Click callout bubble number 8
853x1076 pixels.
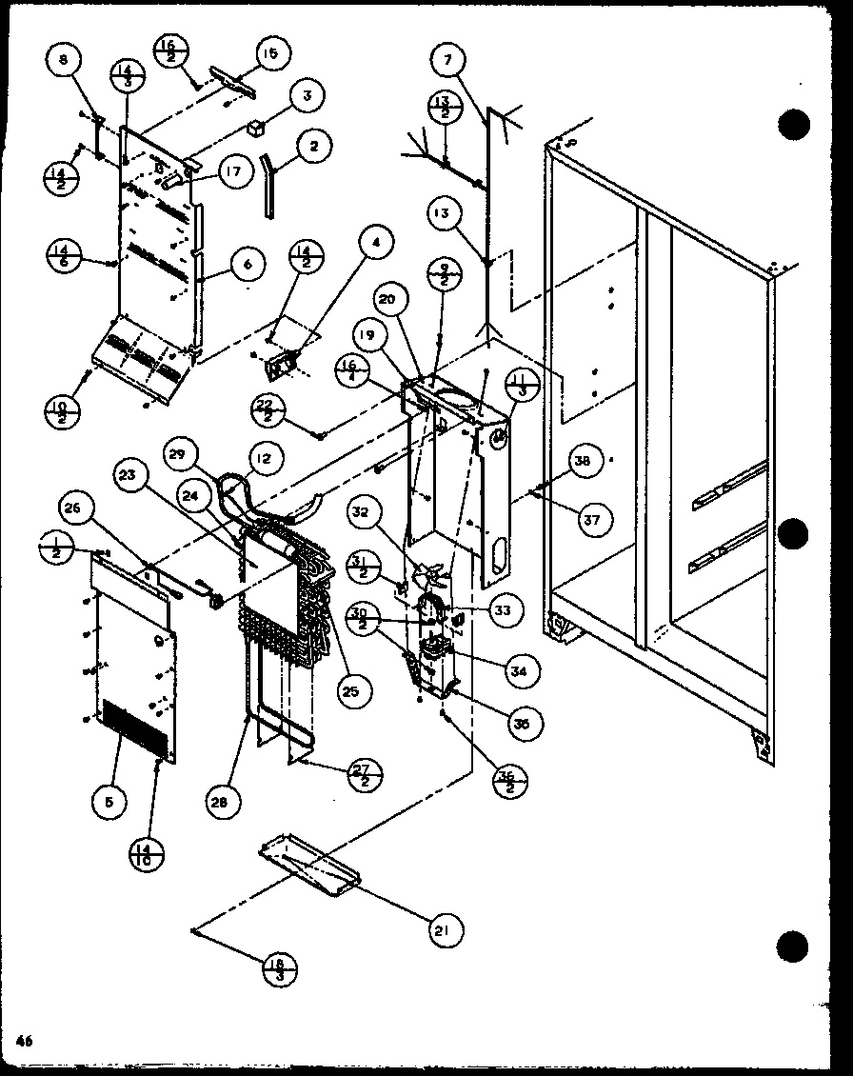(x=63, y=62)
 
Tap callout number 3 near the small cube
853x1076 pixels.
(x=307, y=95)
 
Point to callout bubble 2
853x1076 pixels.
(x=314, y=147)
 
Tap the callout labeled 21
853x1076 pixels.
(x=444, y=928)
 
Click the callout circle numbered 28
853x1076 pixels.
(x=221, y=803)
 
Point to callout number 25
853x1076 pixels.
(x=350, y=691)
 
